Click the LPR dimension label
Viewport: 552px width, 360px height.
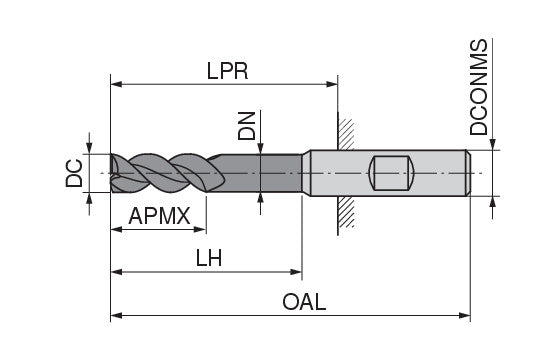(227, 71)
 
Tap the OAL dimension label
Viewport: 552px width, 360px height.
(304, 302)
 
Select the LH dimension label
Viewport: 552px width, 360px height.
(209, 258)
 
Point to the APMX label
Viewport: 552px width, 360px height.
(159, 216)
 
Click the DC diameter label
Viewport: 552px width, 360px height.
(74, 173)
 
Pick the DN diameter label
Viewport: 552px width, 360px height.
(246, 126)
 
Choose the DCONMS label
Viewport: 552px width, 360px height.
(479, 87)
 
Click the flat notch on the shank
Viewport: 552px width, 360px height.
(391, 173)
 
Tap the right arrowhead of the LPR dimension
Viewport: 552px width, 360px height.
(332, 84)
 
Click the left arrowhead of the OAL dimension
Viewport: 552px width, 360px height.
(117, 315)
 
